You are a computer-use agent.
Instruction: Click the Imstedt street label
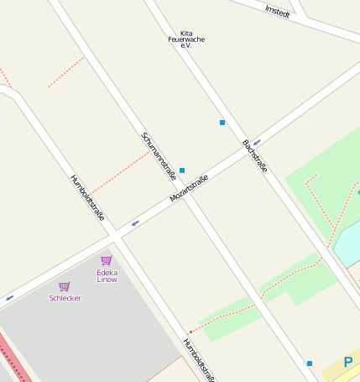point(277,12)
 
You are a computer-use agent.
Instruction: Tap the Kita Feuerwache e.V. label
point(185,39)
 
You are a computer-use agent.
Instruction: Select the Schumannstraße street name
point(159,156)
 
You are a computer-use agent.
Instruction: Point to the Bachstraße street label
point(254,156)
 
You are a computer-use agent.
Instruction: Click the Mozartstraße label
point(189,189)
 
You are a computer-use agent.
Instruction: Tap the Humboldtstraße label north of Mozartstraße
point(88,197)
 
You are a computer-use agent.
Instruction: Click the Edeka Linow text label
point(107,275)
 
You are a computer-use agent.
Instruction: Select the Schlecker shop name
point(65,298)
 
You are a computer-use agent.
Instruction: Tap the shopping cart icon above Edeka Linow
point(107,260)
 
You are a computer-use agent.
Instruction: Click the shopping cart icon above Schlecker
point(65,286)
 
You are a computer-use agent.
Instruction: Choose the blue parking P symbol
point(348,363)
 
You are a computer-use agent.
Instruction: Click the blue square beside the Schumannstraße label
point(182,170)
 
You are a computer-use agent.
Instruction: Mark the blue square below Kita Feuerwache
point(222,123)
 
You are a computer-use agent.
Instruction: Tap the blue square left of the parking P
point(310,364)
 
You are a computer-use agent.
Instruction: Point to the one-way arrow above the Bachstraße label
point(257,142)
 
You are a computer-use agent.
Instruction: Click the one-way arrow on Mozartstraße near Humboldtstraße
point(135,223)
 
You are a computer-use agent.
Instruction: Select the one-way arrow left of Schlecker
point(10,297)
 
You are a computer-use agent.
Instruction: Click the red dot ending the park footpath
point(190,332)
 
